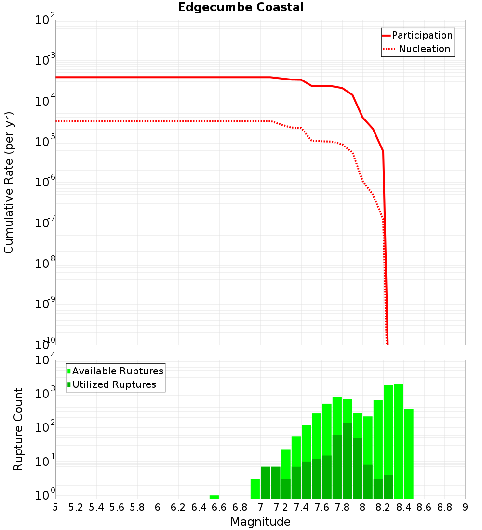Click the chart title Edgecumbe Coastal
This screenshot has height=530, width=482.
(x=241, y=7)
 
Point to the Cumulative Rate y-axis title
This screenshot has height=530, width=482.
(x=9, y=182)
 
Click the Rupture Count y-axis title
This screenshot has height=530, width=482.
(x=18, y=429)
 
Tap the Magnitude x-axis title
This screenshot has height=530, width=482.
(x=260, y=522)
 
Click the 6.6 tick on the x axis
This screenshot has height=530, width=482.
(x=219, y=507)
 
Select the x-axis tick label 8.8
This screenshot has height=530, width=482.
(x=444, y=507)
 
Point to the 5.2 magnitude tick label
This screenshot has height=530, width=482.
(x=76, y=507)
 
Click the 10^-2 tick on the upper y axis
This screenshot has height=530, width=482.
(x=45, y=20)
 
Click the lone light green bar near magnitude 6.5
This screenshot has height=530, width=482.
(x=214, y=497)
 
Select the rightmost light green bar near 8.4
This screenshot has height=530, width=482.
(x=409, y=453)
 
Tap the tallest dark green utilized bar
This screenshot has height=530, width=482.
(x=347, y=461)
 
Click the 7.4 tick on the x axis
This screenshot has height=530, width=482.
(x=301, y=507)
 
